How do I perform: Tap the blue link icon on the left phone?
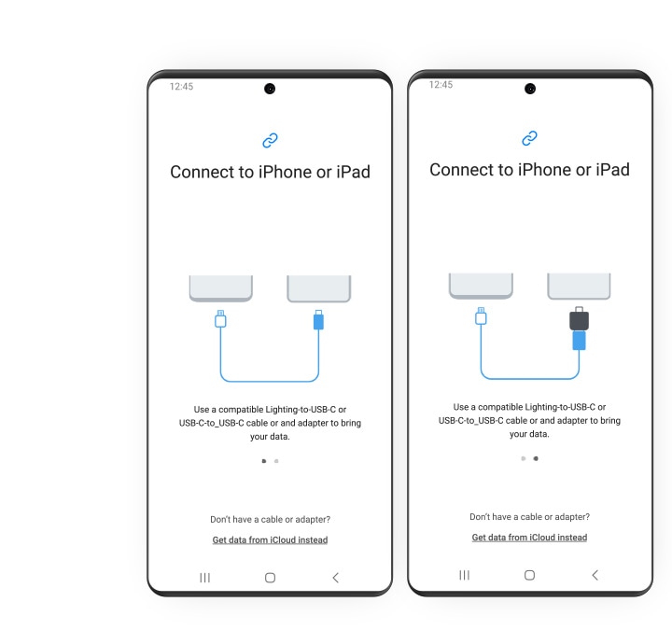(x=270, y=140)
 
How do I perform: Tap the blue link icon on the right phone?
(x=529, y=138)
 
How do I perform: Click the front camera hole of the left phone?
(x=270, y=89)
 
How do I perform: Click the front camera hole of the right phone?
(x=530, y=89)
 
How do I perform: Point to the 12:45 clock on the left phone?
(x=181, y=86)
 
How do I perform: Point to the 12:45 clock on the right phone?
(x=441, y=84)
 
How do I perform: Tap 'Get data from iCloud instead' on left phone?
(x=270, y=539)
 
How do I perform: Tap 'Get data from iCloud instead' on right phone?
(x=529, y=538)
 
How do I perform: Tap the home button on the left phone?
(x=270, y=578)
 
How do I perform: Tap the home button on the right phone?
(x=529, y=575)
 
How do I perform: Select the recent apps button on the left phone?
(x=204, y=578)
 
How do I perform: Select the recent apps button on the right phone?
(x=464, y=575)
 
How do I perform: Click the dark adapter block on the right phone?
(x=579, y=319)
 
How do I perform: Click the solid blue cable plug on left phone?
(x=318, y=320)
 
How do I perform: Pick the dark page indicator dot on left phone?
(x=264, y=460)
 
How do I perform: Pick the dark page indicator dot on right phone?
(x=535, y=458)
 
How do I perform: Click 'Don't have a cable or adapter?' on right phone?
(x=529, y=516)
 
